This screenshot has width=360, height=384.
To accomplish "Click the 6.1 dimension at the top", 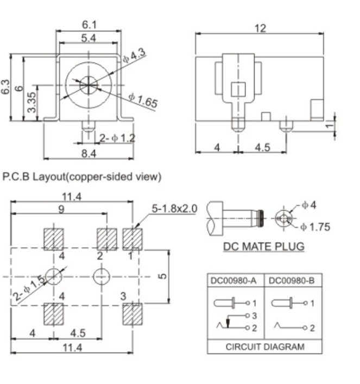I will [90, 25].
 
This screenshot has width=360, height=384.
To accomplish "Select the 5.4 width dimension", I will [90, 38].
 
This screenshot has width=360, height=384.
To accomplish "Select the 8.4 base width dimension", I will [89, 154].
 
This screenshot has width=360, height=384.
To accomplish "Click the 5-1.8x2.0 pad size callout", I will [174, 209].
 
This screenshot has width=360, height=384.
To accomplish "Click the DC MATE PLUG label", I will [264, 247].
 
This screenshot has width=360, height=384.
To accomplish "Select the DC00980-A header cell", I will [236, 281].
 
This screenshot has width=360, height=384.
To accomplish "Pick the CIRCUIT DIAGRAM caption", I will [264, 346].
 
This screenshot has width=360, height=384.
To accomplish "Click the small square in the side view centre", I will [238, 89].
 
